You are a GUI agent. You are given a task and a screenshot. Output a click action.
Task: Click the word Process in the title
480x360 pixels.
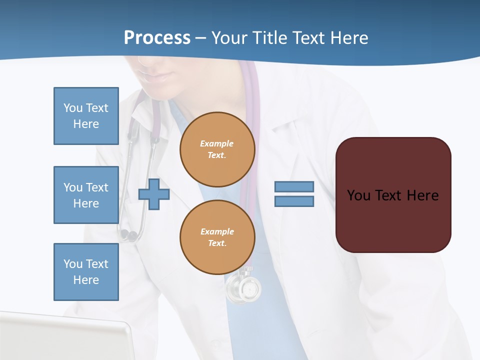(x=157, y=38)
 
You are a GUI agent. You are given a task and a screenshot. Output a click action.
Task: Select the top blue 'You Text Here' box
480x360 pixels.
(x=86, y=116)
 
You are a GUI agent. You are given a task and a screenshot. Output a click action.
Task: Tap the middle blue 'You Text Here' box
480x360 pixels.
(x=86, y=195)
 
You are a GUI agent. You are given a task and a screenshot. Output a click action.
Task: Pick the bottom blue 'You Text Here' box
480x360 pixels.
(x=86, y=272)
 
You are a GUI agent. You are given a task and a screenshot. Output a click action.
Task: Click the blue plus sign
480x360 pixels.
(x=154, y=194)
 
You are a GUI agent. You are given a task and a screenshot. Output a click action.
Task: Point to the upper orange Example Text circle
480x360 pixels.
(x=217, y=149)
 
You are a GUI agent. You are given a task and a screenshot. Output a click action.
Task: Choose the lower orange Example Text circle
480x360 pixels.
(x=217, y=237)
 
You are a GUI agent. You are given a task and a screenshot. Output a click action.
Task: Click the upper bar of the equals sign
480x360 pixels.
(x=294, y=187)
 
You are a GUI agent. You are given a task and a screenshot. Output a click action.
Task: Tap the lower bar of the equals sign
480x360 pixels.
(x=294, y=201)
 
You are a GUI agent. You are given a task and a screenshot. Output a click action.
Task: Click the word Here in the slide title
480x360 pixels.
(x=346, y=38)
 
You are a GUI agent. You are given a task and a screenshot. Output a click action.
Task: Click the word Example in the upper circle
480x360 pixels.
(x=217, y=143)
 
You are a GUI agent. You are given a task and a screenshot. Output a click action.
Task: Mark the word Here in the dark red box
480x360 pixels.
(x=422, y=195)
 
